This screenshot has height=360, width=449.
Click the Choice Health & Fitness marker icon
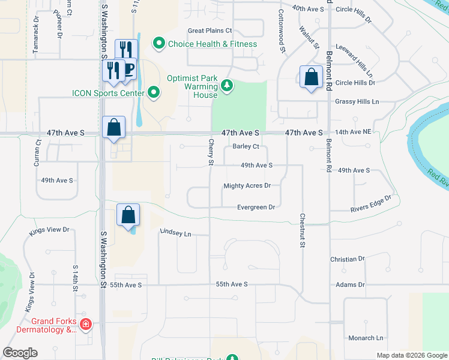(x=159, y=43)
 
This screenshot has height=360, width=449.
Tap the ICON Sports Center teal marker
(x=154, y=92)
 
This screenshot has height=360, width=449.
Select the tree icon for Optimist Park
(x=227, y=86)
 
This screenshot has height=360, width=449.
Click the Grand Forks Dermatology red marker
(x=86, y=325)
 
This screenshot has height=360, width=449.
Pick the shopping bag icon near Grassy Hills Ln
(x=311, y=77)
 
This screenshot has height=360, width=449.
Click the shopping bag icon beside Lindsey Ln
(x=128, y=215)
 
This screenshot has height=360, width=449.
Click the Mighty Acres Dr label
(x=247, y=186)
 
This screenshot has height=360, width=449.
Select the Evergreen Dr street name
(x=256, y=207)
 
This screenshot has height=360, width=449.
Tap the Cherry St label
(x=211, y=152)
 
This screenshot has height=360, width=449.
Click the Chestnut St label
(x=303, y=230)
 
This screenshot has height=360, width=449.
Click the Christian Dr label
(x=348, y=259)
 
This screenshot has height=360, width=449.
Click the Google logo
(x=20, y=353)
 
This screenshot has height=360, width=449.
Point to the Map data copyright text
(x=412, y=355)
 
